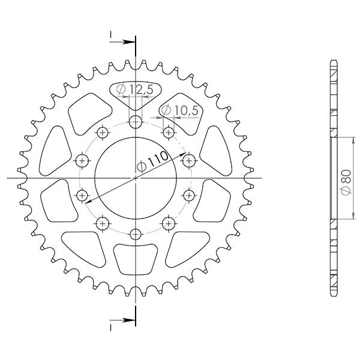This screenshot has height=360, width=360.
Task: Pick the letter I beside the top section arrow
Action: (x=111, y=35)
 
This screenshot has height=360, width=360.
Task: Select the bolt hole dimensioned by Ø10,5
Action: (x=168, y=132)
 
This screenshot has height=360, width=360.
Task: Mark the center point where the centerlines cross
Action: (x=136, y=178)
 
